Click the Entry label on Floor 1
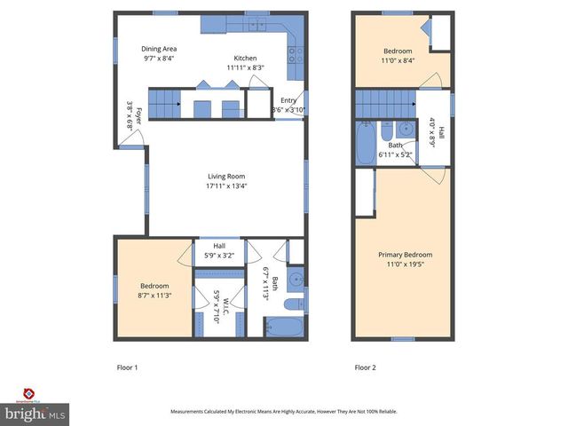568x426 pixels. (x=288, y=100)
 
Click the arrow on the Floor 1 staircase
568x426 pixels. (x=178, y=104)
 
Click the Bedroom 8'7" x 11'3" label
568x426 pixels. (x=153, y=290)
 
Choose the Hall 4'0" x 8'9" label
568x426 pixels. (x=436, y=133)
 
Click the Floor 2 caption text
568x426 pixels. (x=366, y=367)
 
